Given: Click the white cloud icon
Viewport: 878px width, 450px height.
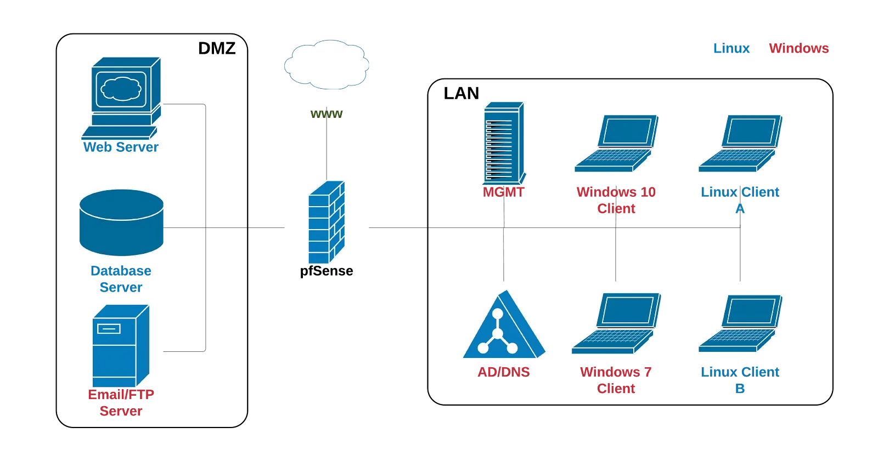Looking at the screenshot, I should click(x=327, y=65).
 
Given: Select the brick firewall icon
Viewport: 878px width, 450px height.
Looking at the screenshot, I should click(x=327, y=223).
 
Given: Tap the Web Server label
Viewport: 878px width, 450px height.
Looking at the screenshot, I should click(x=121, y=147).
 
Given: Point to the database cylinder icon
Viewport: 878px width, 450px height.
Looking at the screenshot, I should click(x=121, y=223).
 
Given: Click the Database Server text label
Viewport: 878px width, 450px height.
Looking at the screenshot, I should click(x=121, y=278).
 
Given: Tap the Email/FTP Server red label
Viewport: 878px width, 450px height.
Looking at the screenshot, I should click(x=121, y=403).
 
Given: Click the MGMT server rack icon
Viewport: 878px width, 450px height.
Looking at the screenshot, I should click(x=504, y=143).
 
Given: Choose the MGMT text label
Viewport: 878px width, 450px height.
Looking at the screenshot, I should click(x=504, y=192).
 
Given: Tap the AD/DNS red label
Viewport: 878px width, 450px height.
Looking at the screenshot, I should click(x=504, y=372).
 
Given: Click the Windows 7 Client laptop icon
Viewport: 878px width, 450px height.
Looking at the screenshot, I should click(x=616, y=323).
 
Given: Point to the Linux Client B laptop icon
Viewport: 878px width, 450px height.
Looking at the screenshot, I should click(x=740, y=324).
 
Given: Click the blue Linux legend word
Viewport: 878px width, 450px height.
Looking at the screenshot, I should click(x=731, y=48).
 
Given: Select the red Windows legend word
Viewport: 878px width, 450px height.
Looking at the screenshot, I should click(x=798, y=48).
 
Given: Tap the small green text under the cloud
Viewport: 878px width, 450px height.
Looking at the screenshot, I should click(x=327, y=114).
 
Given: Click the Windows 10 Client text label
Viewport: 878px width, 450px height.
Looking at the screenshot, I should click(x=616, y=200).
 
